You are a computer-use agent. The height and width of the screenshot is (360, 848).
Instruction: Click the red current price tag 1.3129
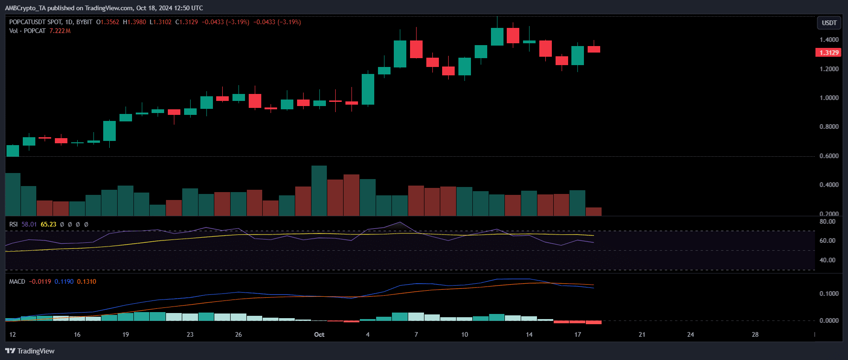828,53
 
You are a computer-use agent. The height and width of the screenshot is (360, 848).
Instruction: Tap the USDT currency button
829,23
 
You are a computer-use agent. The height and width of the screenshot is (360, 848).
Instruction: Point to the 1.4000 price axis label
829,40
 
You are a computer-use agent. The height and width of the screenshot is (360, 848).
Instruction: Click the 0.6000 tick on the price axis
829,156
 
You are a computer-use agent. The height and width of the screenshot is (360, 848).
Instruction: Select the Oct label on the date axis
319,334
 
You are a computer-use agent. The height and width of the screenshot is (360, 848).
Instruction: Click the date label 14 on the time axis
529,334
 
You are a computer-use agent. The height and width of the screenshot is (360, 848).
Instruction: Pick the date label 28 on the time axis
755,334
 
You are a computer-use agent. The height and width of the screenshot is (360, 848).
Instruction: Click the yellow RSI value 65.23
48,224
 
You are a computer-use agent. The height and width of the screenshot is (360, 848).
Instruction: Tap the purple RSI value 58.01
29,224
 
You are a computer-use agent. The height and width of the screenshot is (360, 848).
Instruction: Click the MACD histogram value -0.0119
40,281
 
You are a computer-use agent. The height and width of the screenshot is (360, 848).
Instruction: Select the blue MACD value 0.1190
64,281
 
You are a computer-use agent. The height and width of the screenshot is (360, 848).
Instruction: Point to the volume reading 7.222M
60,31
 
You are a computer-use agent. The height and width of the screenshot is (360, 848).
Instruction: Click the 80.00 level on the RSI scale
827,221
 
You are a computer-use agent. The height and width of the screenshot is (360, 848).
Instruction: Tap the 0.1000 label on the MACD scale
829,293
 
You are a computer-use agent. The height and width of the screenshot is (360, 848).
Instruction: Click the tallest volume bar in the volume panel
319,191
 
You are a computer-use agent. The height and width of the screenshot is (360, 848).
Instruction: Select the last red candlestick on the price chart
594,49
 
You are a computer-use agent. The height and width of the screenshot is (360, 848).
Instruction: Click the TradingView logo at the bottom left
30,351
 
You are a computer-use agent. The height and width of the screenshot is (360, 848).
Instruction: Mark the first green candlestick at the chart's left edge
13,151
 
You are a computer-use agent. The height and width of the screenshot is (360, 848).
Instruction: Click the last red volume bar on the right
594,211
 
